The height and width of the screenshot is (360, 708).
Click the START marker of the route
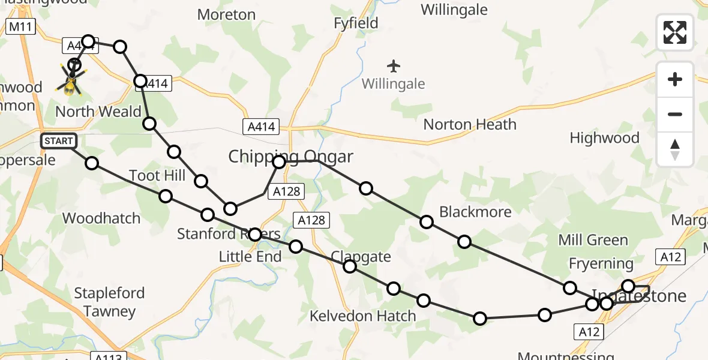click(x=59, y=141)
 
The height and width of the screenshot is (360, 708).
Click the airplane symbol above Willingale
click(x=394, y=65)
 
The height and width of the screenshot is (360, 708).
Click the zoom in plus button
click(x=675, y=79)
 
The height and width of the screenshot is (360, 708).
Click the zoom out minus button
click(x=675, y=114)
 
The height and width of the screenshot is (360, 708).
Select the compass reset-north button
click(x=675, y=149)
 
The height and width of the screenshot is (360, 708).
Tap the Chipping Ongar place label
click(x=290, y=157)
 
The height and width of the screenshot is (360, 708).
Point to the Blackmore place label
click(x=475, y=212)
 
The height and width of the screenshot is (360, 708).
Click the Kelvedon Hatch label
click(x=362, y=316)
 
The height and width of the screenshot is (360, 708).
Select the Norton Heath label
click(x=470, y=125)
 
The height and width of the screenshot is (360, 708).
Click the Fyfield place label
click(x=356, y=23)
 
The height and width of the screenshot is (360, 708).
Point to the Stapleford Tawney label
click(x=109, y=302)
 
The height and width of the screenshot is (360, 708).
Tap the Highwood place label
click(x=604, y=138)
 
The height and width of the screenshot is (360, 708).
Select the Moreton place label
click(x=226, y=14)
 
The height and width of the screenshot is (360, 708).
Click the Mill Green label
click(x=593, y=241)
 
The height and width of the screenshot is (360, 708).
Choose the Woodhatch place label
click(x=101, y=218)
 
